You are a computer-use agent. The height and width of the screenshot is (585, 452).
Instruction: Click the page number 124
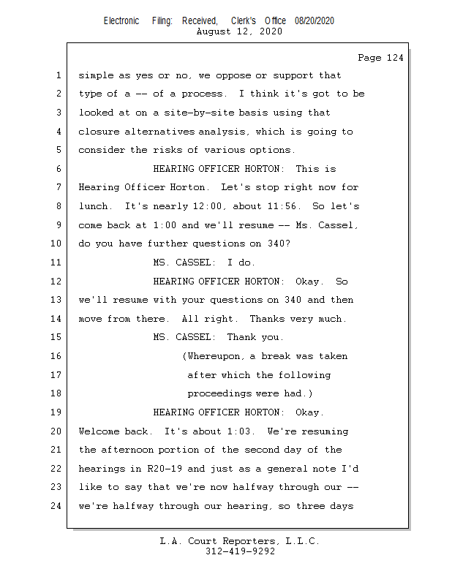393,58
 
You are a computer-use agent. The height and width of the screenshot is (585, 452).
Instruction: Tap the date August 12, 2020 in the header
240,31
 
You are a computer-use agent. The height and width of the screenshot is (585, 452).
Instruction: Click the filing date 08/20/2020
314,21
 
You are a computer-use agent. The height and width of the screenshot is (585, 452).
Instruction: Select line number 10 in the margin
57,244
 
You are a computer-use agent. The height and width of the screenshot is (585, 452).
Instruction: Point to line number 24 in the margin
57,505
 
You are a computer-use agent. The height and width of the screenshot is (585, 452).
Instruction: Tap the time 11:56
290,206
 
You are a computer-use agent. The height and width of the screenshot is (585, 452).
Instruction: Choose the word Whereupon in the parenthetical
216,356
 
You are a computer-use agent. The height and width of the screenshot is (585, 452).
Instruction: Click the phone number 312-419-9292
240,551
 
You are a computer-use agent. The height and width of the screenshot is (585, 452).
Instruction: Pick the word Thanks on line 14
267,319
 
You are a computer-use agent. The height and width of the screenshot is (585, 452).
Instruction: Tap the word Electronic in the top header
121,21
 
